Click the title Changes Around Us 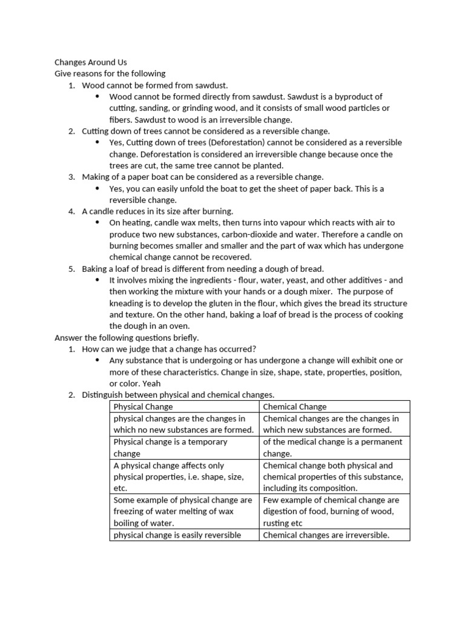[91, 62]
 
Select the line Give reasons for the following [110, 74]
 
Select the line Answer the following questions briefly [127, 338]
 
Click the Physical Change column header [143, 407]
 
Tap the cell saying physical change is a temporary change [183, 447]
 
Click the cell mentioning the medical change [334, 447]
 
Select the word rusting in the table [277, 523]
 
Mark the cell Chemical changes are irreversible [334, 535]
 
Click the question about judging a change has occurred [169, 349]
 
